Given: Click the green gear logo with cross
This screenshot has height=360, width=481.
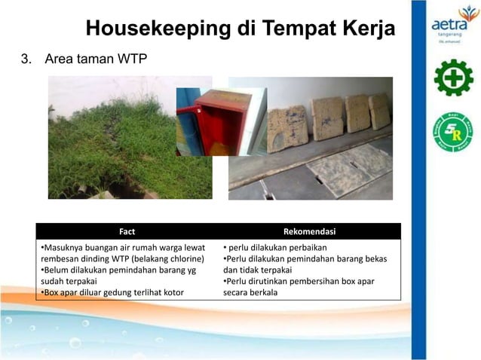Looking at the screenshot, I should (x=453, y=78).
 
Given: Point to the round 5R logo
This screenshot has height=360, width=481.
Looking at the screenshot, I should (x=452, y=132).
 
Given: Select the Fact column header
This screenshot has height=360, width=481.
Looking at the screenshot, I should (x=127, y=231).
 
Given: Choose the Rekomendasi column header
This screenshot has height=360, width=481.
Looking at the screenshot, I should (x=309, y=231).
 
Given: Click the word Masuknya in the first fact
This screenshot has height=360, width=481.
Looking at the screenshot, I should (x=64, y=247).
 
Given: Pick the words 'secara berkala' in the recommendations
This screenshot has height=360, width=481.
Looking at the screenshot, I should (x=250, y=292).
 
